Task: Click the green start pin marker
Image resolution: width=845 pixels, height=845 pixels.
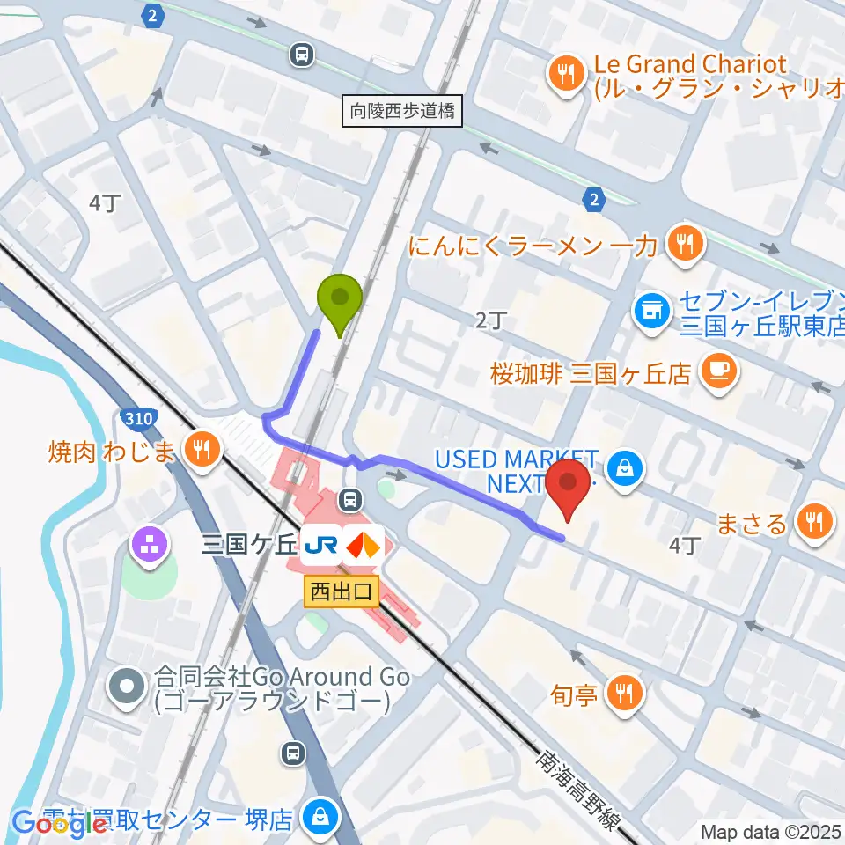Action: point(339,299)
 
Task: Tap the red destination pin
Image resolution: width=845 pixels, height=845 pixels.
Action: point(569,484)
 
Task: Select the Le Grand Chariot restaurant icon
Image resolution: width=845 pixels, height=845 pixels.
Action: point(563,75)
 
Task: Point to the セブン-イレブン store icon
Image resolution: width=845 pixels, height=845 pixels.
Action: point(652,311)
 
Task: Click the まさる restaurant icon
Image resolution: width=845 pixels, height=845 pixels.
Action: point(811,523)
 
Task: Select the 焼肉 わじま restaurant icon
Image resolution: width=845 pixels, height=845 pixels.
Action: point(202,450)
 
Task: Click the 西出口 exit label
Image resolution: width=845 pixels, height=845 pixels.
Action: point(342,591)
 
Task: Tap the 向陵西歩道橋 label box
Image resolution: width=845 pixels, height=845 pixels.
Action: point(403,112)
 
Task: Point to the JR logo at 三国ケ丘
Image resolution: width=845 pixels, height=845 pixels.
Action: point(319,547)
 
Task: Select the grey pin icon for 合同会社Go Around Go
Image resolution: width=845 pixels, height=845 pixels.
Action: point(129,686)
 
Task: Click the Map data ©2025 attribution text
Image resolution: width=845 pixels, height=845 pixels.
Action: point(771,831)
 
